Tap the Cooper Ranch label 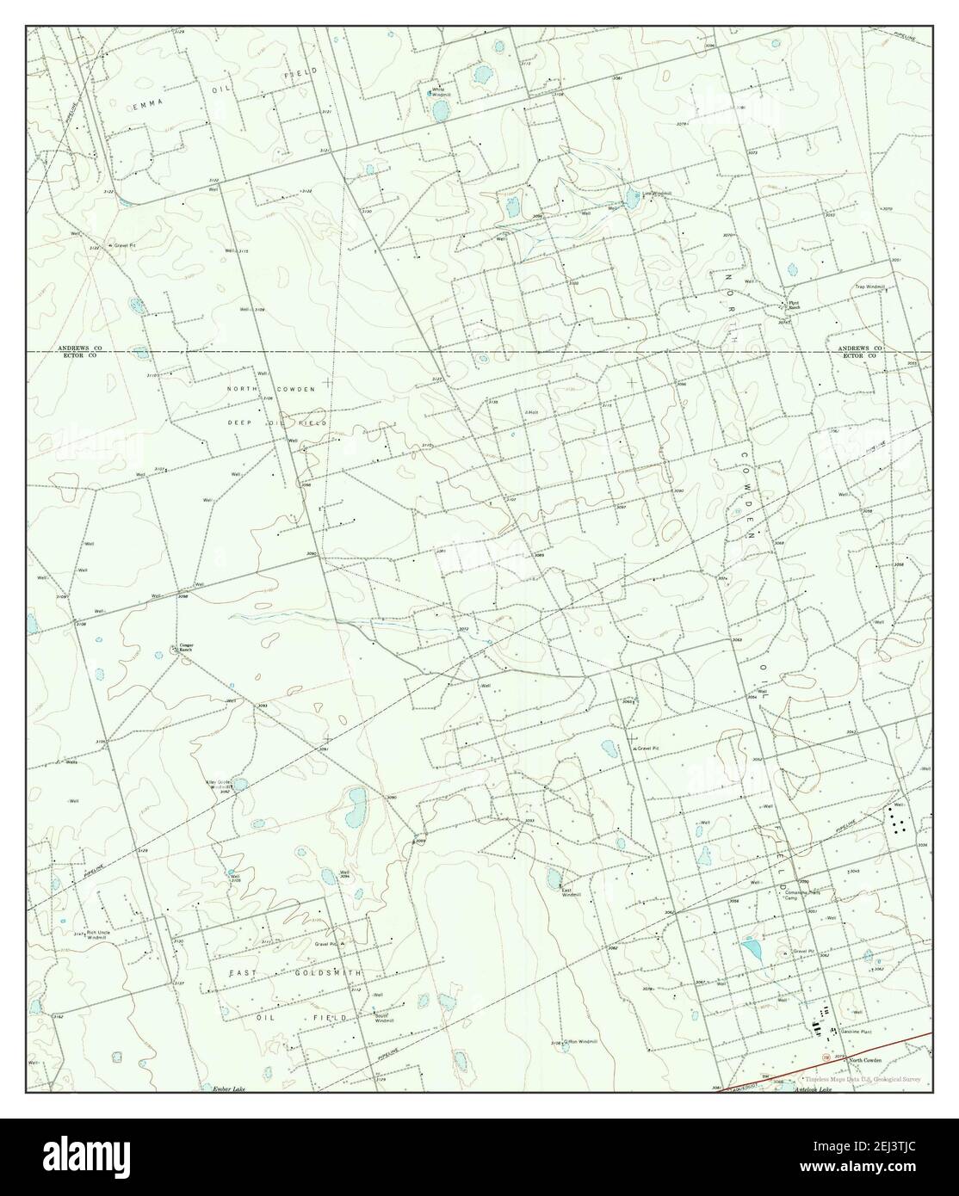click(x=185, y=647)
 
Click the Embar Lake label click(x=229, y=1090)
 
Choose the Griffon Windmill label click(x=581, y=1042)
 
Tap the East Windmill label click(x=572, y=893)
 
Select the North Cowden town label click(x=864, y=1060)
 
